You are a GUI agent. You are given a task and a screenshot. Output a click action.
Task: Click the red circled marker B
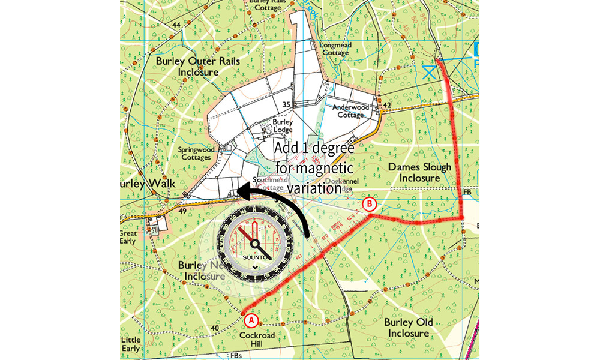(371, 205)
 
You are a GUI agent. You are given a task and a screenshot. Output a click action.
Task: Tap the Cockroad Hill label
(257, 340)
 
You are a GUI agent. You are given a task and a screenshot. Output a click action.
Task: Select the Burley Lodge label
(284, 125)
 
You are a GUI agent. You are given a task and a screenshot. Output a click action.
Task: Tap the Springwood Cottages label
(195, 153)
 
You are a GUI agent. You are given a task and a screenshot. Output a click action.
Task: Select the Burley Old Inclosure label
(409, 328)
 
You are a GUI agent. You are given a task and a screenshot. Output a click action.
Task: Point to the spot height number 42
(386, 106)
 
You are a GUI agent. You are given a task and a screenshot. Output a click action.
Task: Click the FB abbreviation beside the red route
(468, 192)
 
